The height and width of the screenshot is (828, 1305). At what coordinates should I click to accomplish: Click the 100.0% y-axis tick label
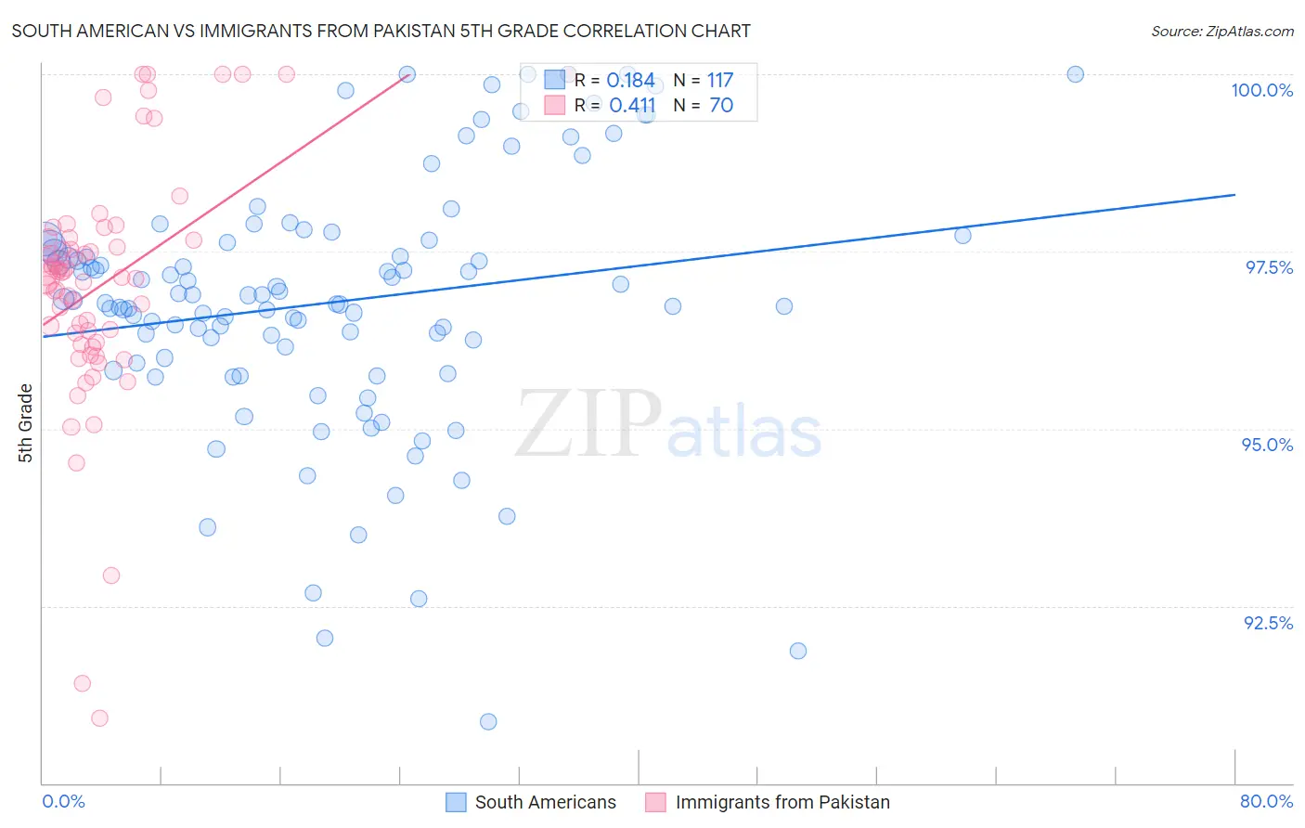(1261, 90)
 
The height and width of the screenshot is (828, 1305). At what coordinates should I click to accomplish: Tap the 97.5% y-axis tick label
(1268, 267)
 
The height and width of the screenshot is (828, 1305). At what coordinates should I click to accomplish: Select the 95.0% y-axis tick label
(1267, 445)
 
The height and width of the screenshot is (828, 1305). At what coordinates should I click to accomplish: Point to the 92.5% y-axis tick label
(1268, 623)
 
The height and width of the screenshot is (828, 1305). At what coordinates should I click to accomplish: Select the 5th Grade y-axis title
(25, 423)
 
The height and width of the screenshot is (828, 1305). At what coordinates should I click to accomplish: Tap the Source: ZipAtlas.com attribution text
(1221, 31)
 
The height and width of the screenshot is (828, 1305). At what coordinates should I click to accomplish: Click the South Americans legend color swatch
(456, 802)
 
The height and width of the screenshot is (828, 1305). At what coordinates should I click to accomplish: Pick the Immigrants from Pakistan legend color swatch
(655, 802)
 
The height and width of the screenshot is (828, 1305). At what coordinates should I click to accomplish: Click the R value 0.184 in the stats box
(630, 81)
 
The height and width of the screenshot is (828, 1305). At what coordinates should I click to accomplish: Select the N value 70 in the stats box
(721, 106)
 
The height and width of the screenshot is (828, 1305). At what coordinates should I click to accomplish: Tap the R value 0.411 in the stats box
(632, 106)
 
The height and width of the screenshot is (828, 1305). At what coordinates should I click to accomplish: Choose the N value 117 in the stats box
(720, 81)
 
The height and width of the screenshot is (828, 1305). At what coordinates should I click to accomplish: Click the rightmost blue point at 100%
(1075, 74)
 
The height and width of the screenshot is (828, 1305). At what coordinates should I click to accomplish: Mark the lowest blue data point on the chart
(488, 721)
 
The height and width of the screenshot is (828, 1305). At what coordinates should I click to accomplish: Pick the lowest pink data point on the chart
(99, 718)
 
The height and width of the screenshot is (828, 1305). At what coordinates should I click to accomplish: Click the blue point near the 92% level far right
(798, 651)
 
